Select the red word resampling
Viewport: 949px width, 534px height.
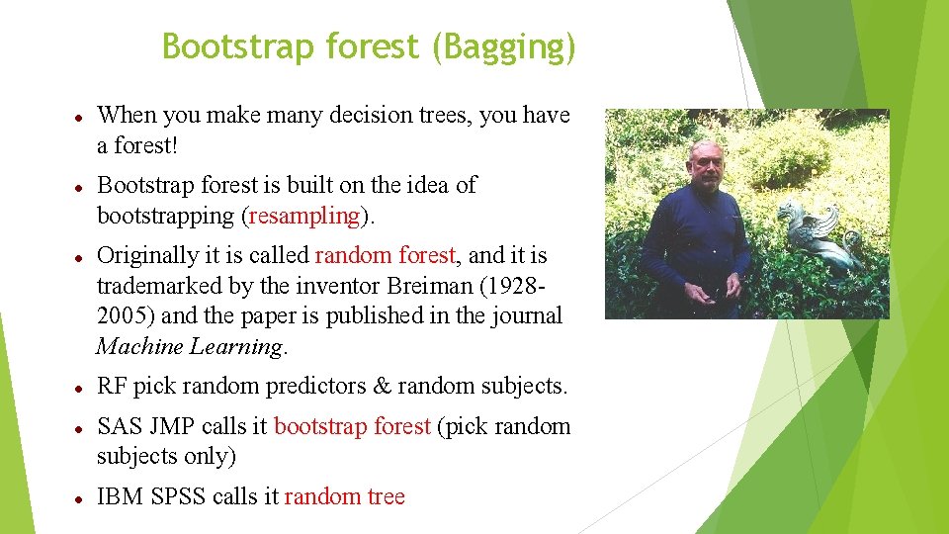[x=305, y=216]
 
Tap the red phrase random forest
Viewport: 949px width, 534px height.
[x=386, y=255]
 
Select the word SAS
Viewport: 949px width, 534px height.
[x=121, y=426]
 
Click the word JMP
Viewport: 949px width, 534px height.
[x=174, y=426]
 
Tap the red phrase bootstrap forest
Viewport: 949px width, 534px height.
[x=352, y=426]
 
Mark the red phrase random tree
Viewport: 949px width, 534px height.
[x=345, y=496]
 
